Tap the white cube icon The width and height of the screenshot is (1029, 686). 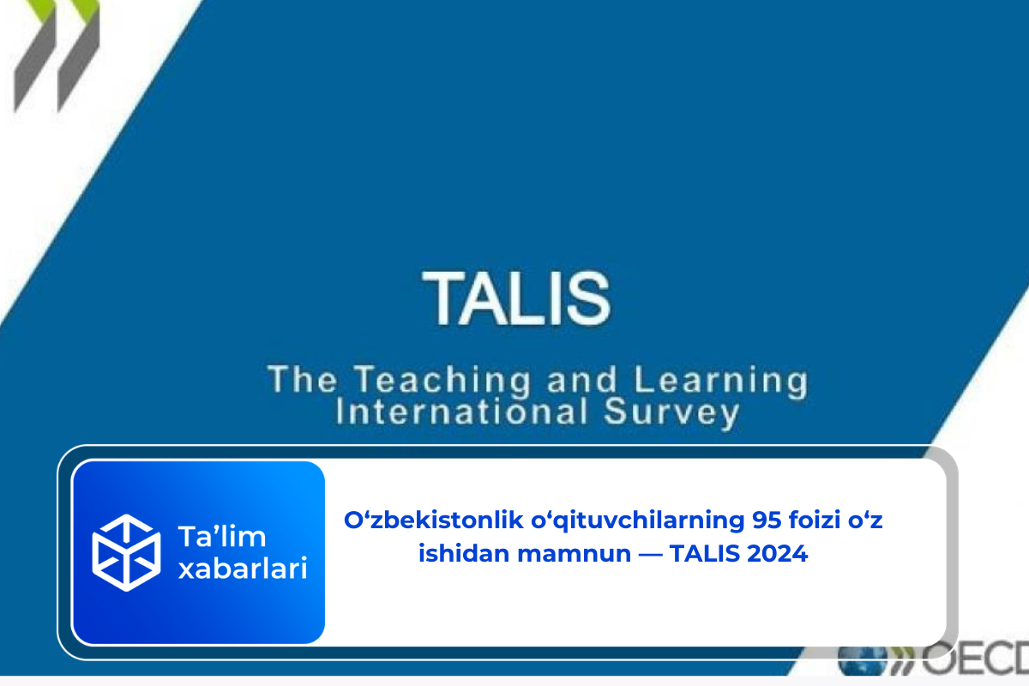click(x=126, y=551)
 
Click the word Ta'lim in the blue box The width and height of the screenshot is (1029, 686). click(x=220, y=537)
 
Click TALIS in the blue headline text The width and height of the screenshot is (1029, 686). click(x=705, y=553)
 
